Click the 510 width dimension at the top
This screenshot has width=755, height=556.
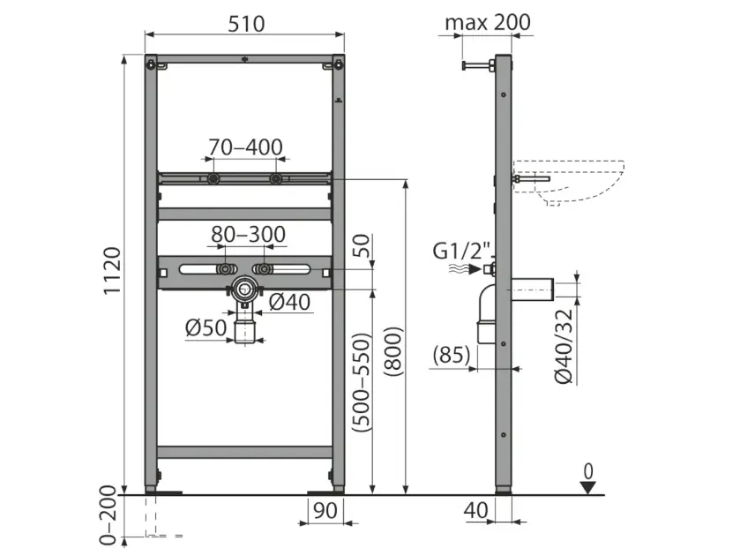click(x=246, y=24)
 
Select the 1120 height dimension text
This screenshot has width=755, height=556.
click(x=112, y=271)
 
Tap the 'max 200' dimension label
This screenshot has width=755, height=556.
click(x=487, y=22)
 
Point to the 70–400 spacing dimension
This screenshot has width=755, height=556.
click(x=245, y=147)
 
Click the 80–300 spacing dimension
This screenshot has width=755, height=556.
click(x=248, y=234)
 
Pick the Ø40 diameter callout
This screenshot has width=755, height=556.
click(x=289, y=302)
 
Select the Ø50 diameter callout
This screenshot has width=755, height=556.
click(x=206, y=327)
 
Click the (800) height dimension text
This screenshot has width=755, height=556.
click(x=393, y=351)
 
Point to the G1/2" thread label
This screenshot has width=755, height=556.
click(x=461, y=252)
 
